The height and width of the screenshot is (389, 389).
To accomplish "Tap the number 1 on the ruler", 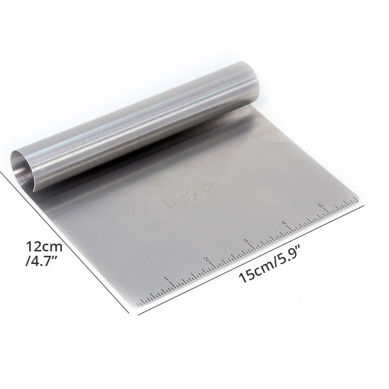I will click(167, 279).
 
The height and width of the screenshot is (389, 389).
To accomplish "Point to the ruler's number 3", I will click(246, 241).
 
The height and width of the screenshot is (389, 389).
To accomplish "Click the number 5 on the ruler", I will click(320, 205).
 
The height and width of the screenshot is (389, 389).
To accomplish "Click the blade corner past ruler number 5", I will click(358, 197).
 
